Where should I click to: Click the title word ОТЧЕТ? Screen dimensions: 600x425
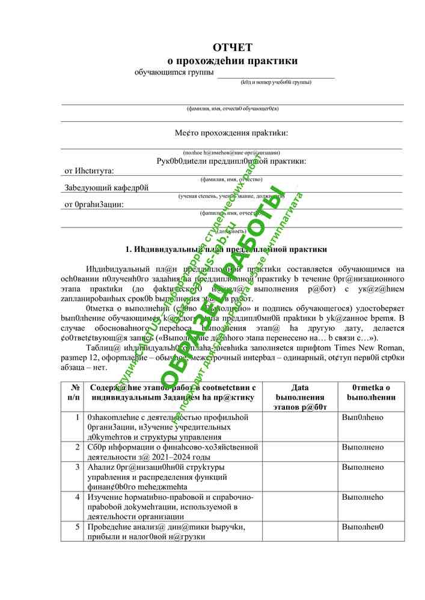pyautogui.click(x=232, y=47)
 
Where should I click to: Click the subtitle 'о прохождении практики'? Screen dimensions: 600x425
pyautogui.click(x=232, y=61)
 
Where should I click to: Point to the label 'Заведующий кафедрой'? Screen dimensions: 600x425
pyautogui.click(x=106, y=188)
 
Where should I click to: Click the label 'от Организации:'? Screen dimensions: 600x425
pyautogui.click(x=94, y=205)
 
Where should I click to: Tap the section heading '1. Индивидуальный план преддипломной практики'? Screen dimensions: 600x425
pyautogui.click(x=226, y=250)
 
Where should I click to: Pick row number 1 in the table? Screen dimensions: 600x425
pyautogui.click(x=77, y=416)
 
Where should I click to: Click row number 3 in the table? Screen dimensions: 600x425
pyautogui.click(x=77, y=467)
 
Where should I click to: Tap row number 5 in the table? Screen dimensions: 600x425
pyautogui.click(x=77, y=526)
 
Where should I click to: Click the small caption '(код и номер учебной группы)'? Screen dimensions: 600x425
pyautogui.click(x=275, y=82)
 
